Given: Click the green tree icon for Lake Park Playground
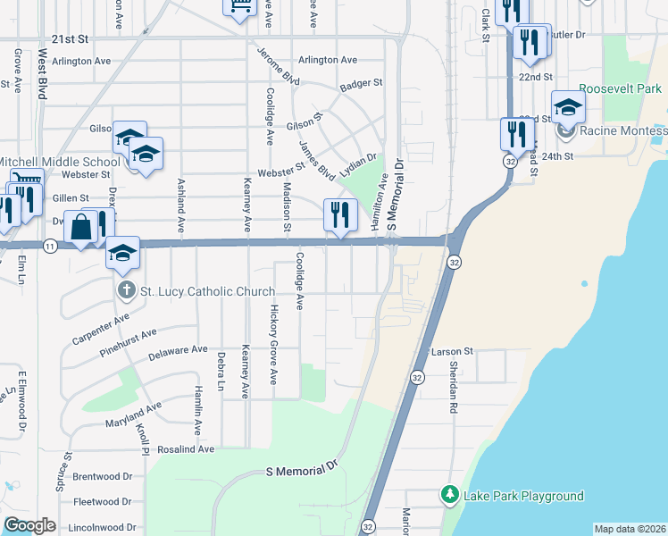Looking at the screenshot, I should point(450,494).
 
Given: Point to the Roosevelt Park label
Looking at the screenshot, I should point(620,89).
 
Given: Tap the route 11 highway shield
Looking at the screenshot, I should point(50,246).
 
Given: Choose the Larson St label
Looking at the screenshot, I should point(452,353).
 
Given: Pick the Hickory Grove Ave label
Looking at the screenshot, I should point(274,339).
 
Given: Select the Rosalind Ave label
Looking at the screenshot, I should point(188,448).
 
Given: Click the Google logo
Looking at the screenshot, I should point(29,525).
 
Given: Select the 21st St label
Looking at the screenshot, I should point(71,39).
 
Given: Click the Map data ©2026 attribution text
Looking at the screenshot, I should point(630,529).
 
